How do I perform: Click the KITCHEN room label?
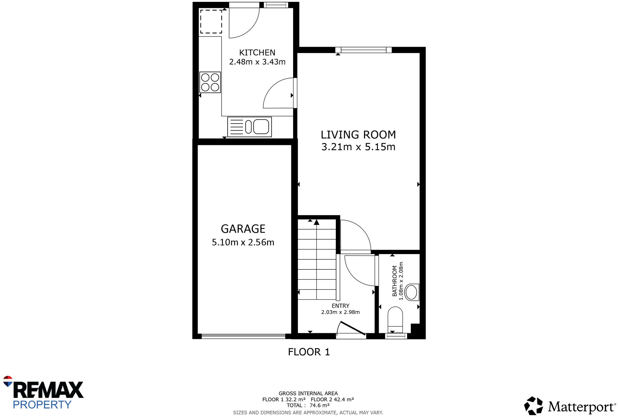tap(257, 52)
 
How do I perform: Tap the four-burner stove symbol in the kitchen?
tap(210, 82)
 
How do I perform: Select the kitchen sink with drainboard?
tap(250, 127)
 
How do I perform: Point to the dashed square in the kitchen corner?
tap(211, 22)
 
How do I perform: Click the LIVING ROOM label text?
tap(358, 135)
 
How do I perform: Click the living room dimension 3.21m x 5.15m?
tap(358, 147)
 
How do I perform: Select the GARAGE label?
tap(243, 229)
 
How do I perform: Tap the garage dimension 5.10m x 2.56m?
tap(243, 242)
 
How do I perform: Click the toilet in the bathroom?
tap(395, 318)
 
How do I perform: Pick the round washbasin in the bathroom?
tap(411, 292)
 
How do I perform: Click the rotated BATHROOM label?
tap(395, 281)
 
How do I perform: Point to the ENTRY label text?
tap(340, 306)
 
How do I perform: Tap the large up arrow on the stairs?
tap(316, 223)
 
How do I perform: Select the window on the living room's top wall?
tap(363, 50)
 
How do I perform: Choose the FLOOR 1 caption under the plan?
tap(309, 352)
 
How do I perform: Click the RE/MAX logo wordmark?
tap(48, 390)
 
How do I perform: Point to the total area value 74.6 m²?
tap(319, 405)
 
